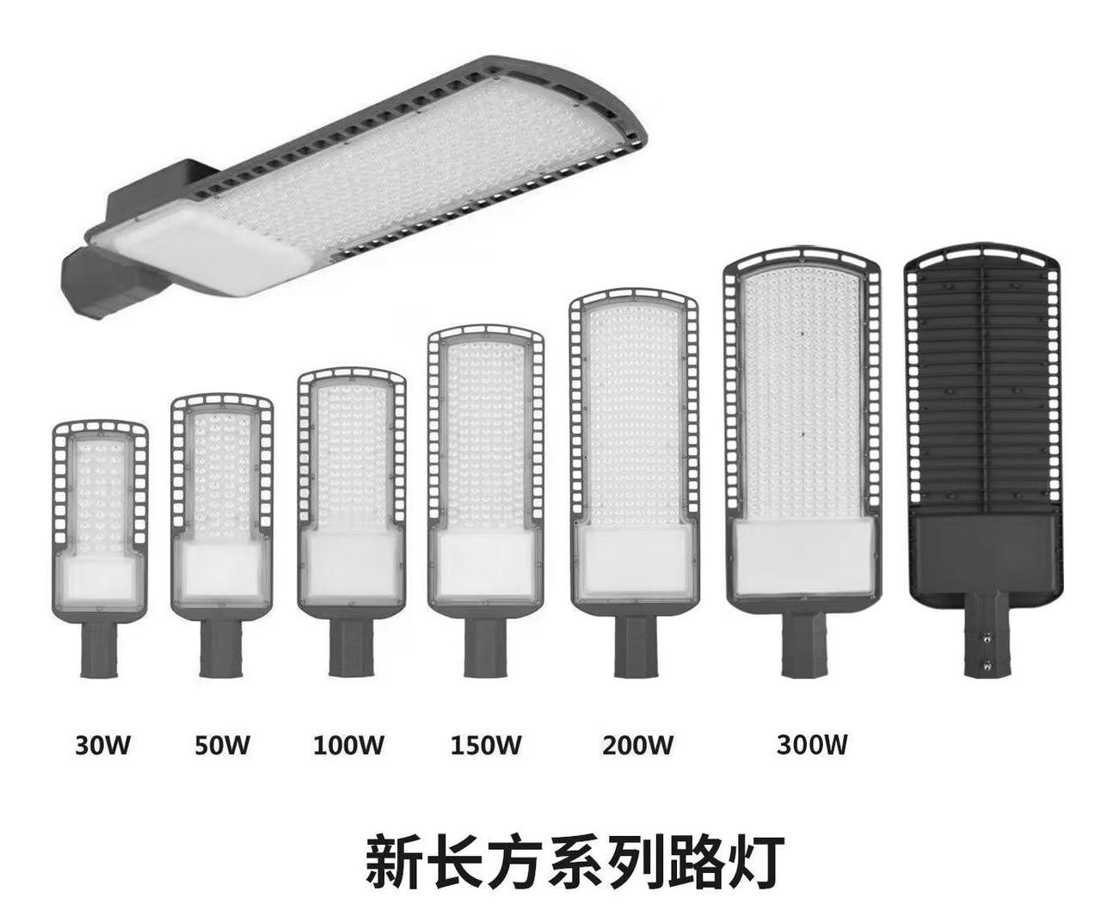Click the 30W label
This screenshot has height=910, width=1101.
pos(102,744)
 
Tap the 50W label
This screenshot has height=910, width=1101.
pos(222,744)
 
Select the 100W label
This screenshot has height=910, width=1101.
pos(348,744)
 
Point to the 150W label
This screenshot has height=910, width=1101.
pos(486,744)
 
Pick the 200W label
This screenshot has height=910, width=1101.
pos(637,744)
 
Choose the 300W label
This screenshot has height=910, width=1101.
pos(812,744)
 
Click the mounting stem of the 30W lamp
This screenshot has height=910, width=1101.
pos(99,649)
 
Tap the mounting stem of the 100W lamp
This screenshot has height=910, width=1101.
pos(350,645)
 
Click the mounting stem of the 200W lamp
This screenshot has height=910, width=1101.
pos(634,645)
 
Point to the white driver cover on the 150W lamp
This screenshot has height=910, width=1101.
pos(485,563)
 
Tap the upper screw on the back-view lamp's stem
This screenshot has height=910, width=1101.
pos(988,636)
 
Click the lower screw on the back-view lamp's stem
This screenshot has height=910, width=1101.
pos(988,663)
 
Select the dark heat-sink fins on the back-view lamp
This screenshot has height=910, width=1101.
pos(983,387)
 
